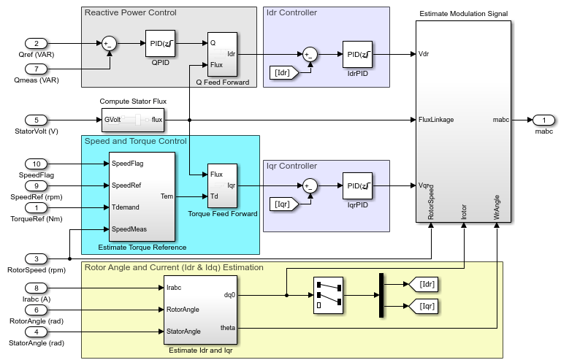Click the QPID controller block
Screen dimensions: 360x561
point(160,45)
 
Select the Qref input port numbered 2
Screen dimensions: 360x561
point(37,44)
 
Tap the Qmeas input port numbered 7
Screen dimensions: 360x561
point(37,69)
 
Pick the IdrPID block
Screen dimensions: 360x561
point(358,55)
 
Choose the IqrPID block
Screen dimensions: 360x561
point(358,186)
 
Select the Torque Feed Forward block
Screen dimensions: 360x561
point(222,185)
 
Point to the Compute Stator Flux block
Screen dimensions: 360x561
point(132,120)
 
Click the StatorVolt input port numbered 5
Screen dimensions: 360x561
point(37,120)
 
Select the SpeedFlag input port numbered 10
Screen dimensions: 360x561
point(37,164)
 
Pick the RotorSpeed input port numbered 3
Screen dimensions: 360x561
point(37,258)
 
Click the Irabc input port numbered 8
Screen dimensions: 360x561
point(37,288)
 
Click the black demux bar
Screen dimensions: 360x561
point(381,295)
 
